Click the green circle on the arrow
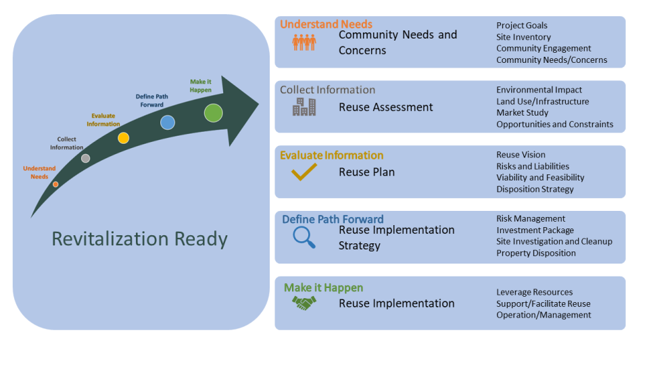coord(214,113)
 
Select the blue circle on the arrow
coord(168,122)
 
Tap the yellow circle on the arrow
coord(123,138)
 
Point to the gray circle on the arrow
coord(85,158)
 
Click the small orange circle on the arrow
coord(55,184)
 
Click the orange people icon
coord(304,43)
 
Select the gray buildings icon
coord(304,107)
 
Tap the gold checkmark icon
coord(304,172)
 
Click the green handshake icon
coord(304,304)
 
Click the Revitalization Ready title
coord(140,239)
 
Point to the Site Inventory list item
coord(523,37)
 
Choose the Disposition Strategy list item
coord(535,189)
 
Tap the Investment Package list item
coord(535,230)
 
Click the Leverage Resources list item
coord(534,292)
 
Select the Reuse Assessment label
coord(385,107)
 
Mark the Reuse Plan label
coord(366,172)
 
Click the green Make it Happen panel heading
coord(323,288)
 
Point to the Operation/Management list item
coord(544,315)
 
